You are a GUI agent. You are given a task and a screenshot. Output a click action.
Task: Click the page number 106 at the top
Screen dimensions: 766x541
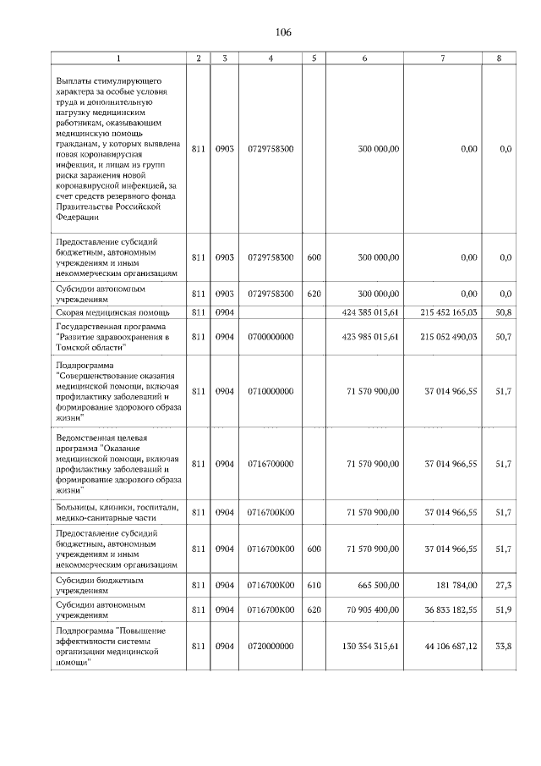tap(282, 32)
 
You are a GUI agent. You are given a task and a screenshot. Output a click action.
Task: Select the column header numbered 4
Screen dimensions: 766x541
tap(270, 58)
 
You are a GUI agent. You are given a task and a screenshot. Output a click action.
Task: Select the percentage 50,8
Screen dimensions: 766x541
tap(504, 312)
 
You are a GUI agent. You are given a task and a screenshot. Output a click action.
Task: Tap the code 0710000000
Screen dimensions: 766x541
tap(270, 392)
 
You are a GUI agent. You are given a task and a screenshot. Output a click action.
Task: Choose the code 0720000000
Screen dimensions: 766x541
tap(270, 647)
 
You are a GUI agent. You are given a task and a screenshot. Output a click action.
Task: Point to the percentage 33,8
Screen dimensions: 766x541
tap(504, 647)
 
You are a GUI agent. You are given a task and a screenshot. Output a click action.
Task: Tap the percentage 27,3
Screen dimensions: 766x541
tap(504, 586)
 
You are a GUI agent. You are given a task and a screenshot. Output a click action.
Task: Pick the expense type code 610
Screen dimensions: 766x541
tap(314, 586)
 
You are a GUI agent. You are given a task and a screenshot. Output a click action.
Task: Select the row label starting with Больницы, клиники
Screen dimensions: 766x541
tap(117, 512)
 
